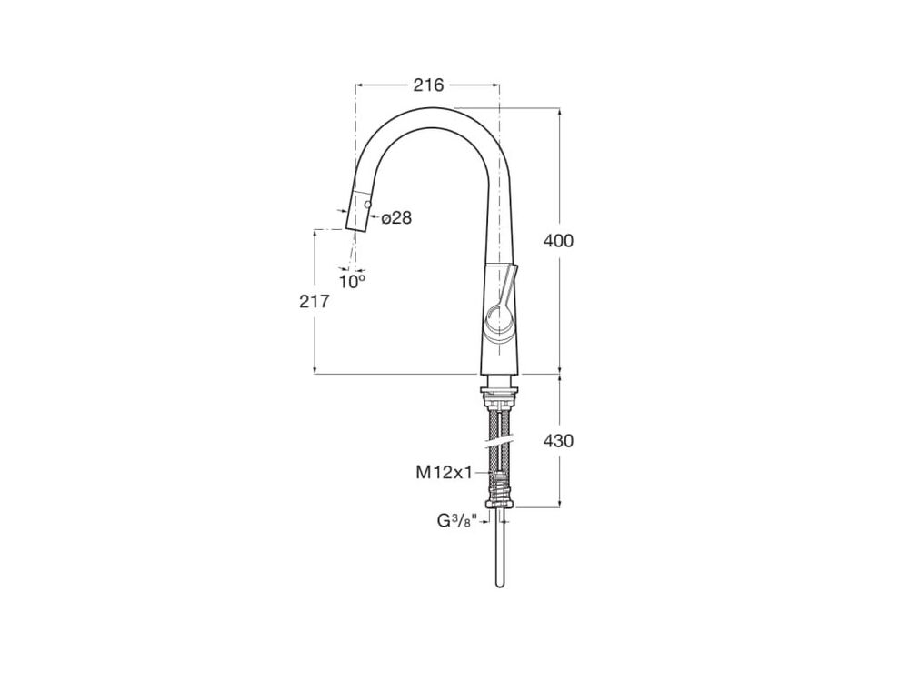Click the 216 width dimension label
[x=428, y=85]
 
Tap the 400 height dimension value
[x=558, y=240]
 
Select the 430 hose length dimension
[x=558, y=441]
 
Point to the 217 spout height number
[x=315, y=302]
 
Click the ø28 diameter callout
[x=396, y=218]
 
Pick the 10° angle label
[x=353, y=282]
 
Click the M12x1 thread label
[x=445, y=473]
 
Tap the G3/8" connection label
[x=456, y=521]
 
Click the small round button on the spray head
[x=367, y=204]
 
